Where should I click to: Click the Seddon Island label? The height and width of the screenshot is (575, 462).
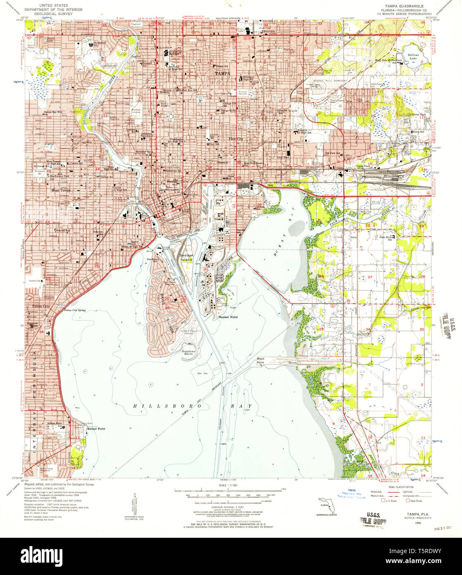(x=186, y=258)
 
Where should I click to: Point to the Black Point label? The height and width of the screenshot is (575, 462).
(x=261, y=360)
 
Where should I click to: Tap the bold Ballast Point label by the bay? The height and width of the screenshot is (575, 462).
(x=95, y=429)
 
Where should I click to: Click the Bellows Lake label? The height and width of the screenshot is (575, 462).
(x=413, y=56)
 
